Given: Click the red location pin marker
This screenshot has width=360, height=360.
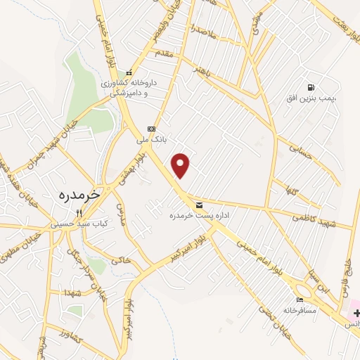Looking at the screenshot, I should point(181,165).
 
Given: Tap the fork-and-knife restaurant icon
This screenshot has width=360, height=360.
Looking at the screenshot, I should point(79,213).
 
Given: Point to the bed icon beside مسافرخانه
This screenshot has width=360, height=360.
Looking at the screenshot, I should point(300,300).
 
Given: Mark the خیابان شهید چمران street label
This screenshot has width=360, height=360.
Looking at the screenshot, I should point(21,147).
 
